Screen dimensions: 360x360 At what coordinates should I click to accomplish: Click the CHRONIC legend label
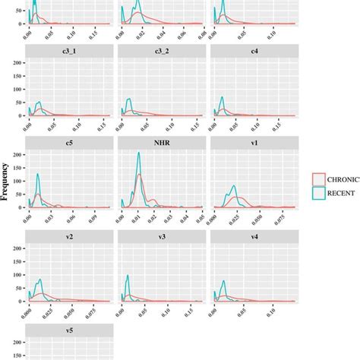(343, 180)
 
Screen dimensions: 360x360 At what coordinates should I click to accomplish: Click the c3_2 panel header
(162, 50)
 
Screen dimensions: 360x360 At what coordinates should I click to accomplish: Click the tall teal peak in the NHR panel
(138, 154)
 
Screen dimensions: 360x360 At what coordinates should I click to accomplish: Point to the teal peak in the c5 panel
(37, 176)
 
